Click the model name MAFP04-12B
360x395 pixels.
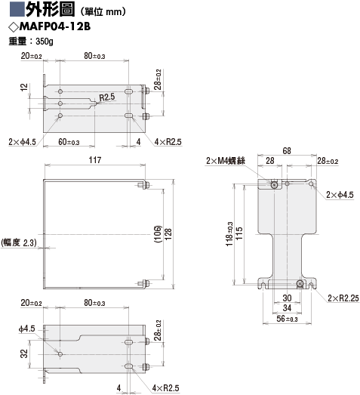click(55, 26)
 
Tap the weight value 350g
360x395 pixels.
click(45, 41)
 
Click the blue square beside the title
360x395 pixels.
click(17, 9)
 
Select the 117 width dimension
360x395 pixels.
click(95, 159)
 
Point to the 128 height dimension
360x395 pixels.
click(168, 234)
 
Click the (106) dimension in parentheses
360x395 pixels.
click(158, 234)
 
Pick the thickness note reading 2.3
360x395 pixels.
click(29, 242)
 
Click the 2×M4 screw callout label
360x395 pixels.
click(226, 160)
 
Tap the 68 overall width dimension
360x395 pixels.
click(287, 150)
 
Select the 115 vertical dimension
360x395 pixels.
click(239, 233)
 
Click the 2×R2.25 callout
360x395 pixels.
click(343, 298)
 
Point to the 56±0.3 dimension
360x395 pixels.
click(287, 319)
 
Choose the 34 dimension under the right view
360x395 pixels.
click(287, 308)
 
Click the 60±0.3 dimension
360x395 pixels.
click(69, 142)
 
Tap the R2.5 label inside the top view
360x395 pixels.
click(107, 97)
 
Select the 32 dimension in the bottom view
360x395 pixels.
click(24, 353)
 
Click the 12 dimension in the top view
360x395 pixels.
click(24, 87)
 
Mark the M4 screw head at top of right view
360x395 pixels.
click(274, 185)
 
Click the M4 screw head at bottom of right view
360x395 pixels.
click(300, 283)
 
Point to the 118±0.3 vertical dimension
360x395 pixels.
click(229, 234)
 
